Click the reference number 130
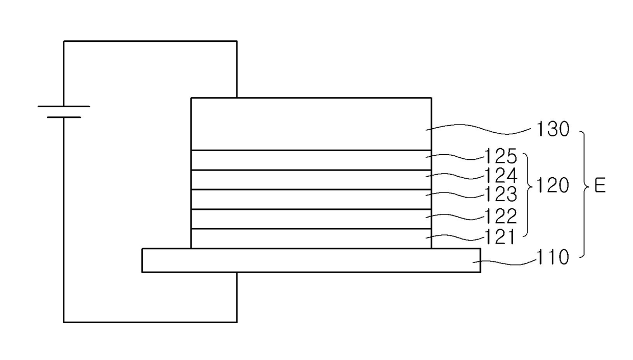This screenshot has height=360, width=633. pyautogui.click(x=553, y=129)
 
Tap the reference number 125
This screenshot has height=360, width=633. pyautogui.click(x=500, y=156)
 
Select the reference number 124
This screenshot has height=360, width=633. pyautogui.click(x=500, y=176)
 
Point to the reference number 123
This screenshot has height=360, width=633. pyautogui.click(x=500, y=194)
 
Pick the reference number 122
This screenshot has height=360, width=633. pyautogui.click(x=500, y=216)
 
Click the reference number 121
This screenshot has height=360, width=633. pyautogui.click(x=499, y=237)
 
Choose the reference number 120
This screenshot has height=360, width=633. pyautogui.click(x=552, y=185)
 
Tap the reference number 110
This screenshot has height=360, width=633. pyautogui.click(x=552, y=257)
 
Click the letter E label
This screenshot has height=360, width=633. pyautogui.click(x=600, y=186)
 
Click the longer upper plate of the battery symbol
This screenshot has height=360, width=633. pyautogui.click(x=64, y=107)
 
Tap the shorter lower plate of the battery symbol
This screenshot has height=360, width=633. pyautogui.click(x=64, y=117)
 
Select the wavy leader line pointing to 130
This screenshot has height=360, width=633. pyautogui.click(x=478, y=129)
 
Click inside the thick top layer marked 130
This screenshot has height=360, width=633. pyautogui.click(x=311, y=124)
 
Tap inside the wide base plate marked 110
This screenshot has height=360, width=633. pyautogui.click(x=311, y=260)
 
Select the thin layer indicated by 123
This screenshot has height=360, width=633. pyautogui.click(x=311, y=200)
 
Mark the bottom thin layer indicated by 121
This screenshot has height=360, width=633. pyautogui.click(x=311, y=239)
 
